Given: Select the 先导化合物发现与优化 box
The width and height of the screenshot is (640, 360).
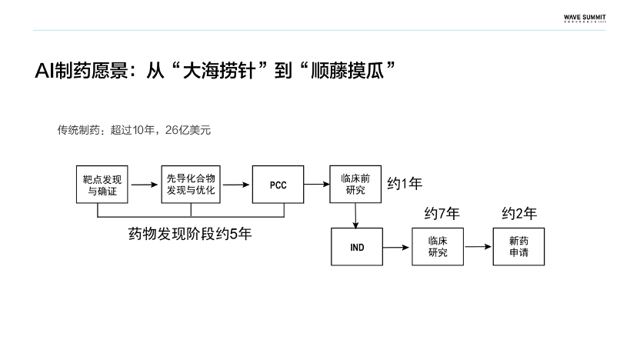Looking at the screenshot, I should [x=192, y=184].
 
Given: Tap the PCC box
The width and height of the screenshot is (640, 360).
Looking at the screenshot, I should [x=278, y=185].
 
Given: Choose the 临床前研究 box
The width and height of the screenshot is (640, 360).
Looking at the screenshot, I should [x=355, y=184].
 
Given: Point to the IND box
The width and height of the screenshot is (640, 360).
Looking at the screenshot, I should [x=356, y=247].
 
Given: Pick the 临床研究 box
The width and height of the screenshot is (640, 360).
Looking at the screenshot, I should [x=438, y=247].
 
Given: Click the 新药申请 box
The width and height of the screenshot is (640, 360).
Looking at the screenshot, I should [x=518, y=247].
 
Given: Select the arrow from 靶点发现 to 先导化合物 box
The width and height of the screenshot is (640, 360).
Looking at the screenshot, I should [x=141, y=185].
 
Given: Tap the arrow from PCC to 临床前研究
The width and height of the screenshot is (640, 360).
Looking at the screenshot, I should [x=316, y=185].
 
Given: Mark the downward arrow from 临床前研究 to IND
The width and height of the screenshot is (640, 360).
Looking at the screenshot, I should [x=355, y=215].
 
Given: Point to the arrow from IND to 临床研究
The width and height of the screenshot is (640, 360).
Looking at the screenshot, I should [x=396, y=247].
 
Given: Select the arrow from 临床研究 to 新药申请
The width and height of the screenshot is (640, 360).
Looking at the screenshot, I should [x=478, y=247].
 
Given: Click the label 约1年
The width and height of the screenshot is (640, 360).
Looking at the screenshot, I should [x=404, y=184].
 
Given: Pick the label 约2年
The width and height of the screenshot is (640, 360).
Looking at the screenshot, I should [x=519, y=214].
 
